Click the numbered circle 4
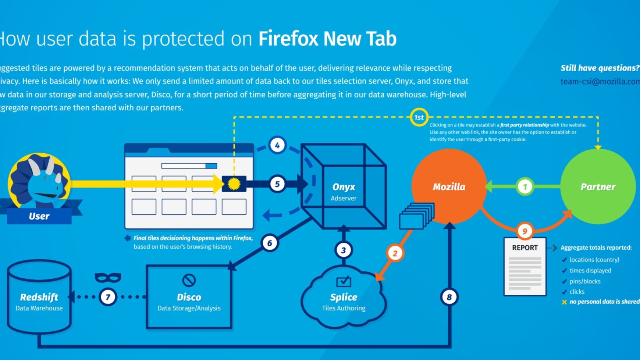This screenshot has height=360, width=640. pyautogui.click(x=277, y=145)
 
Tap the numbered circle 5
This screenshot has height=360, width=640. pyautogui.click(x=277, y=184)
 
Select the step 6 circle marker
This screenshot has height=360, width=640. pyautogui.click(x=270, y=243)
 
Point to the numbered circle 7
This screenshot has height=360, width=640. pyautogui.click(x=108, y=297)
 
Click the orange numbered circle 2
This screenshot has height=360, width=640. pyautogui.click(x=395, y=253)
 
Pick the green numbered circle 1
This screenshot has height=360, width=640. pyautogui.click(x=525, y=186)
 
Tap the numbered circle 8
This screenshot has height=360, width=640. pyautogui.click(x=449, y=297)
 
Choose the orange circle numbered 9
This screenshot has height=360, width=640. pyautogui.click(x=524, y=231)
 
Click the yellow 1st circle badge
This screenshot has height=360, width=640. pyautogui.click(x=419, y=117)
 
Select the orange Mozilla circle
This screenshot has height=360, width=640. pyautogui.click(x=449, y=186)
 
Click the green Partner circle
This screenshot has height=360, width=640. pyautogui.click(x=598, y=186)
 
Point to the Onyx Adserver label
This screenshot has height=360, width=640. pyautogui.click(x=344, y=192)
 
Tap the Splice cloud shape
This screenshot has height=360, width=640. pyautogui.click(x=344, y=298)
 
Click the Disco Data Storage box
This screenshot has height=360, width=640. pyautogui.click(x=189, y=297)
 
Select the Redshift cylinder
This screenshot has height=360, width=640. pyautogui.click(x=39, y=297)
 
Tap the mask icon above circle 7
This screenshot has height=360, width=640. pyautogui.click(x=108, y=277)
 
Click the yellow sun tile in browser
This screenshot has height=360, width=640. pyautogui.click(x=234, y=184)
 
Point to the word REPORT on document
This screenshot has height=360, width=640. pyautogui.click(x=525, y=248)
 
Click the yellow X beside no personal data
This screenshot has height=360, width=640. pyautogui.click(x=564, y=302)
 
